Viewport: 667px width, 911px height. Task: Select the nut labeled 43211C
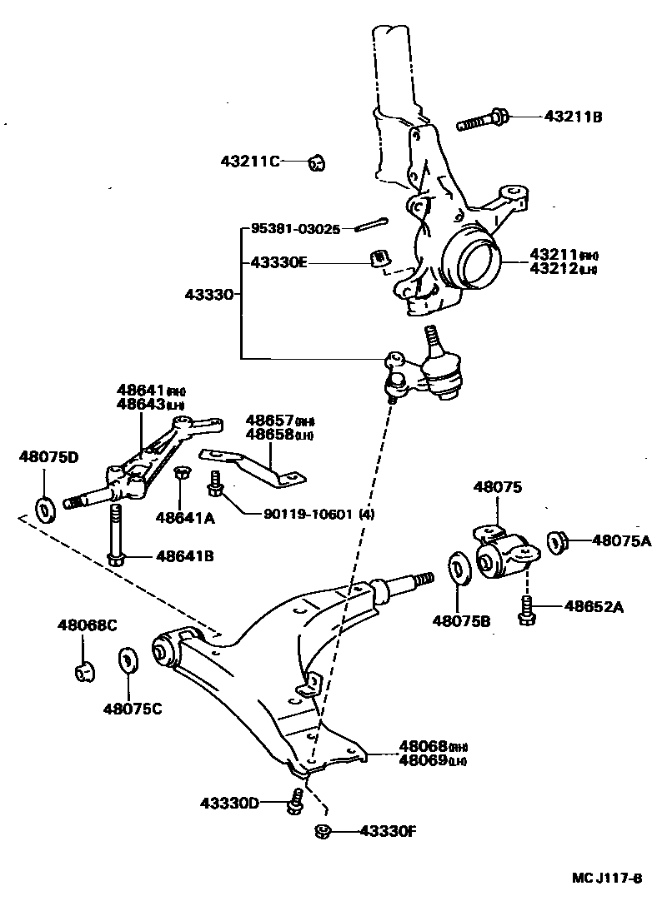[x=316, y=162]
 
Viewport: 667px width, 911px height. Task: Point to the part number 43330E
[x=279, y=262]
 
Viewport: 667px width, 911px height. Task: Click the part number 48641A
[x=185, y=518]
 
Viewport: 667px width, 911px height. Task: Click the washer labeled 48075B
[x=458, y=568]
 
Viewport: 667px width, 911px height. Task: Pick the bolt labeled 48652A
[x=526, y=610]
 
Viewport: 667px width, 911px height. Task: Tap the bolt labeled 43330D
[x=293, y=804]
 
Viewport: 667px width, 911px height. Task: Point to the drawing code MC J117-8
[x=606, y=879]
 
